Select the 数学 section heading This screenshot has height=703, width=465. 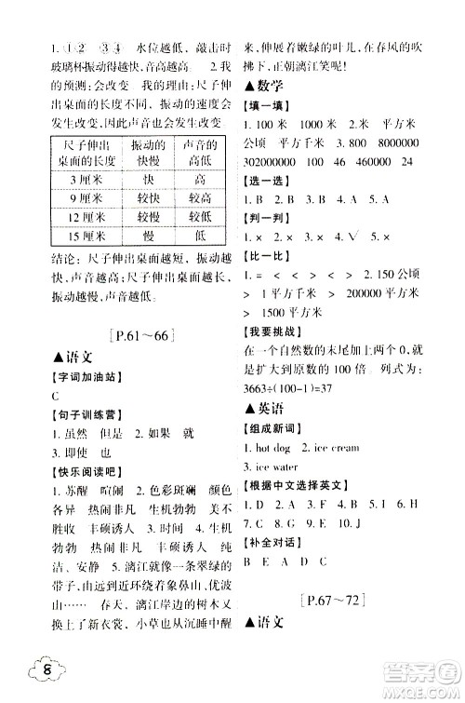tap(264, 87)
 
